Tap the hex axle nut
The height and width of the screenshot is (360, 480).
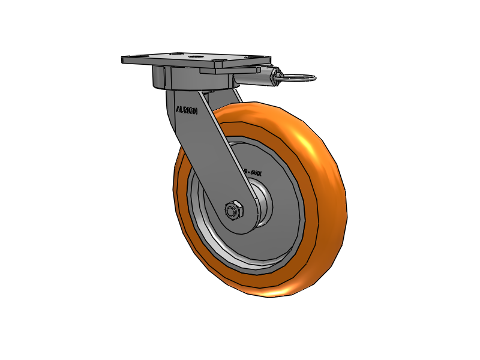233,210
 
